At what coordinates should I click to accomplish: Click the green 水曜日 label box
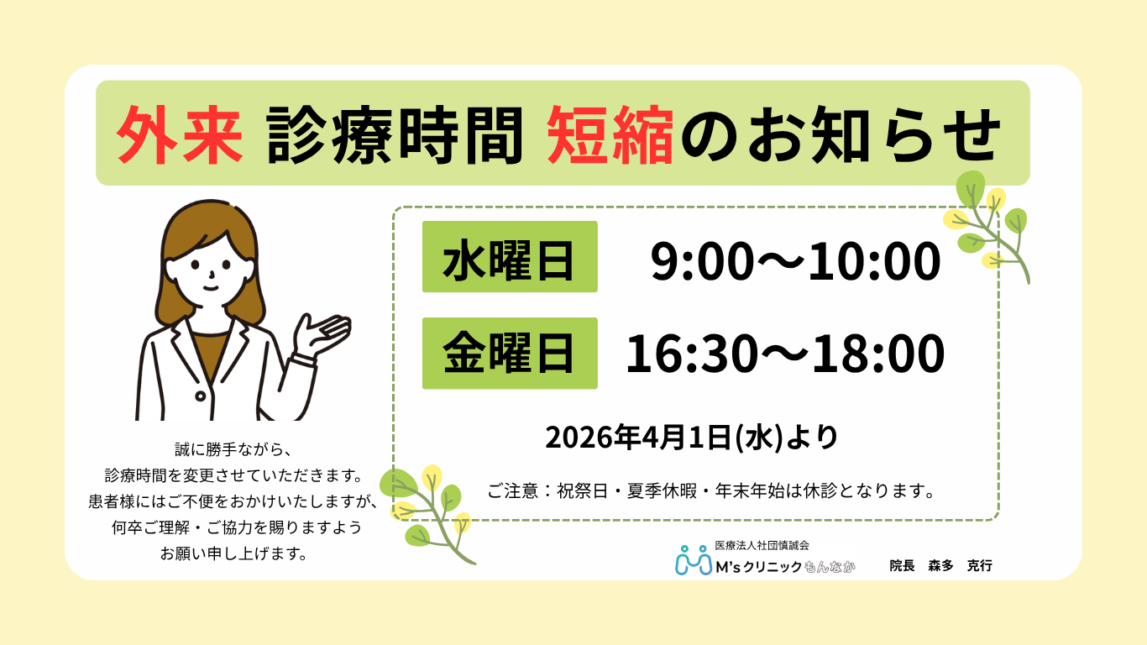coord(510,257)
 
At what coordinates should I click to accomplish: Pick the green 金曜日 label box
coord(510,354)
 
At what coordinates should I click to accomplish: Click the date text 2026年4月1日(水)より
coord(692,437)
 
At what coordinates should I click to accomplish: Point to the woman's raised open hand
coord(322,330)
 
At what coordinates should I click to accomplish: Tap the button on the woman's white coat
coord(200,395)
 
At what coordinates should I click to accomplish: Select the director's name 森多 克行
coord(960,566)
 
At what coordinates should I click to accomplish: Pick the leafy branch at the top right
coord(991,225)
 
